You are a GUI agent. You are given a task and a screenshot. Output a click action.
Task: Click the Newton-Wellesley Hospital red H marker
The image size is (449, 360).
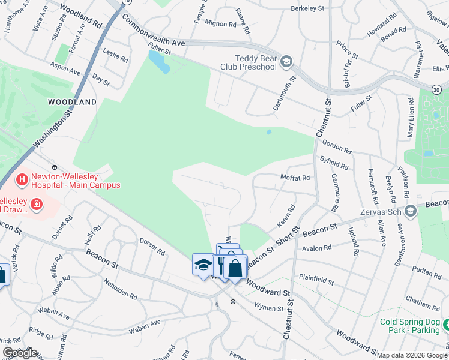click(x=22, y=179)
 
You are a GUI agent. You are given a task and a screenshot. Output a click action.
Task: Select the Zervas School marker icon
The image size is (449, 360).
click(x=410, y=211)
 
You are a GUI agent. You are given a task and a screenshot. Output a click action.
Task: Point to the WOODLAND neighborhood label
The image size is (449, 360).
click(x=73, y=102)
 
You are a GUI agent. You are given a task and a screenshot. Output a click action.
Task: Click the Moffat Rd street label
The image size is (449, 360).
click(x=295, y=178)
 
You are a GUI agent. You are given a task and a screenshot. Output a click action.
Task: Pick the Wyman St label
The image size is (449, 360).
click(x=268, y=308)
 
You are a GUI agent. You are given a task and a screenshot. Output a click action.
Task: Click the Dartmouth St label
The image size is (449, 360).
click(x=285, y=93)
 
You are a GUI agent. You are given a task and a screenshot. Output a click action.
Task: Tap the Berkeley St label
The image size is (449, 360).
click(x=307, y=8)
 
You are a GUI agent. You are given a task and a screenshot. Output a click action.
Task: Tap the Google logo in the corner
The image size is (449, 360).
click(x=20, y=353)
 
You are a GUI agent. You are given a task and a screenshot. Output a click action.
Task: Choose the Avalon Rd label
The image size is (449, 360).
click(x=318, y=248)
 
